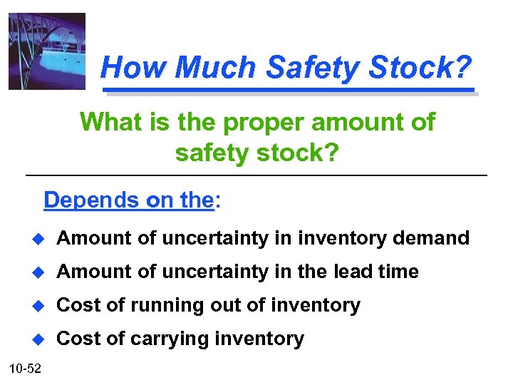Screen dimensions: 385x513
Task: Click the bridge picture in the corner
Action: point(46,51)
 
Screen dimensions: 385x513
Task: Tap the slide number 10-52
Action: point(25,369)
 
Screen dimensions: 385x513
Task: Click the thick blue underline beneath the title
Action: point(289,91)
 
